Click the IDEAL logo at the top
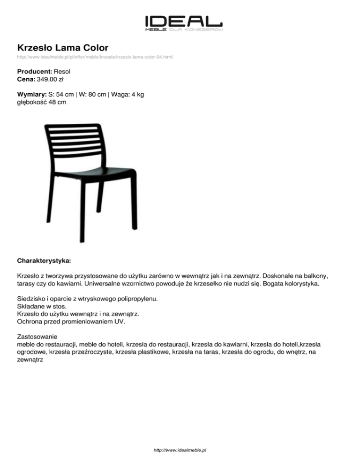click(183, 22)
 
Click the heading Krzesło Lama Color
click(63, 47)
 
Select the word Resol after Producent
click(62, 72)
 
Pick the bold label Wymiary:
click(32, 94)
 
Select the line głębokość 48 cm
click(41, 102)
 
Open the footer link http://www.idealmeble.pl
click(180, 450)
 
